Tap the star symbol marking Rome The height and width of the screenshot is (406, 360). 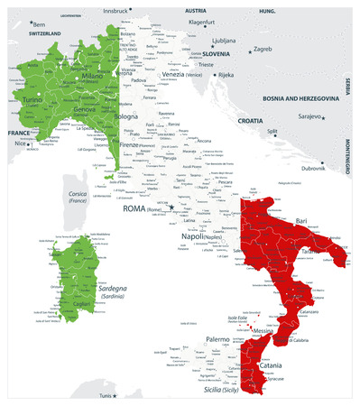[x=171, y=208]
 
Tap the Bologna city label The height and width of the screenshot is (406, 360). [x=127, y=117]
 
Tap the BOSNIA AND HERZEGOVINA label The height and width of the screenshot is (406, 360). [x=307, y=98]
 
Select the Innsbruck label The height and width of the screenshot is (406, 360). [x=116, y=10]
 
